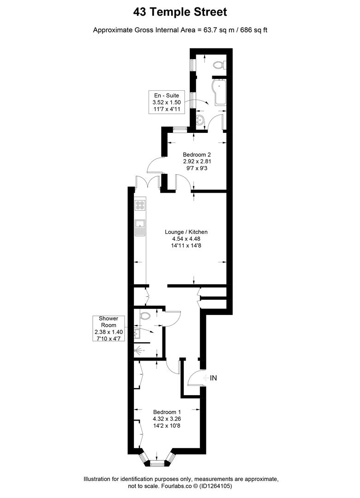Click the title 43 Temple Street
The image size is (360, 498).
coord(180,11)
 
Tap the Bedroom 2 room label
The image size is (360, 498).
coord(198,154)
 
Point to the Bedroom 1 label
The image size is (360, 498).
coord(167,412)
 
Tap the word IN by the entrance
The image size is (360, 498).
coord(213,378)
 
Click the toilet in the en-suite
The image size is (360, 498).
coord(218,66)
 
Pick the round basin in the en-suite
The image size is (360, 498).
coord(200,121)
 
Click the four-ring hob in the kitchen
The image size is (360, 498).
coord(140,205)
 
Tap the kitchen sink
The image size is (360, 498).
coord(140,228)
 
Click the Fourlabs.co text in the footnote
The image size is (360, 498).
coord(176,486)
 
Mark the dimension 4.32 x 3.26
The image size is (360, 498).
coord(167,419)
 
